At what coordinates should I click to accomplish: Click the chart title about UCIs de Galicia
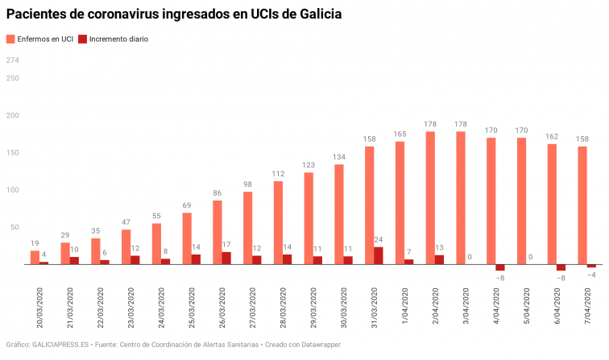(x=173, y=14)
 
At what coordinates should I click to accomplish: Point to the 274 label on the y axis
(x=12, y=60)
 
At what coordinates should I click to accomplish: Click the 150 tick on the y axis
(x=12, y=153)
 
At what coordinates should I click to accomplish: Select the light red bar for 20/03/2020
(x=35, y=257)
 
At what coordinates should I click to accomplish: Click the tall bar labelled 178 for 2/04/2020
(x=430, y=197)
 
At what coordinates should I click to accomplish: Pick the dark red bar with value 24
(x=379, y=255)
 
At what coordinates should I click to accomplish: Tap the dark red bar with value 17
(x=226, y=258)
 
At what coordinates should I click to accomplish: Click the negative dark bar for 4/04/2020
(x=500, y=267)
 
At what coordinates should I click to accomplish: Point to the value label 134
(x=339, y=156)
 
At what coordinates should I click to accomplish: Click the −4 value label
(x=591, y=275)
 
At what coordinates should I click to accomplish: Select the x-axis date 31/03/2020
(x=375, y=302)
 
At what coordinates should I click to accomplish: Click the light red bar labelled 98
(x=247, y=228)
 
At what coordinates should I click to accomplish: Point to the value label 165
(x=400, y=134)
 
